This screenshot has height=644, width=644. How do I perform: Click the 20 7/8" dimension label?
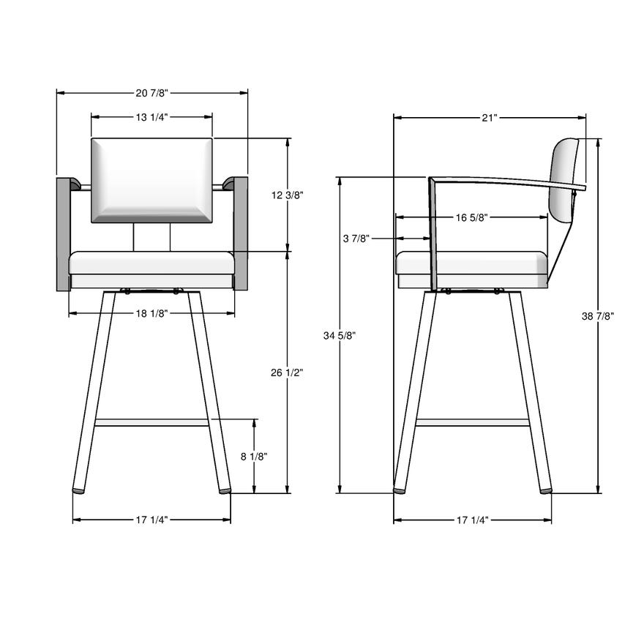(152, 93)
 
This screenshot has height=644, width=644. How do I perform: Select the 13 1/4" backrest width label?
(152, 118)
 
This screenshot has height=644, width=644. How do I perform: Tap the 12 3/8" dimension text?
(287, 195)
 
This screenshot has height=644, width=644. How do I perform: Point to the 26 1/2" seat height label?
(287, 372)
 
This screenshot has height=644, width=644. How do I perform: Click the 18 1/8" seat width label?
(152, 314)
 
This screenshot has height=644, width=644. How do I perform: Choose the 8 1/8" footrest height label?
(254, 457)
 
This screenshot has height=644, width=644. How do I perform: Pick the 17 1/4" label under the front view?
(152, 520)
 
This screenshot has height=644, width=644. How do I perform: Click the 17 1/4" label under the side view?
(473, 520)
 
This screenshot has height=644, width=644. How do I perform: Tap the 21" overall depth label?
(490, 118)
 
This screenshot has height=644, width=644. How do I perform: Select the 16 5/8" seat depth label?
(471, 217)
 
